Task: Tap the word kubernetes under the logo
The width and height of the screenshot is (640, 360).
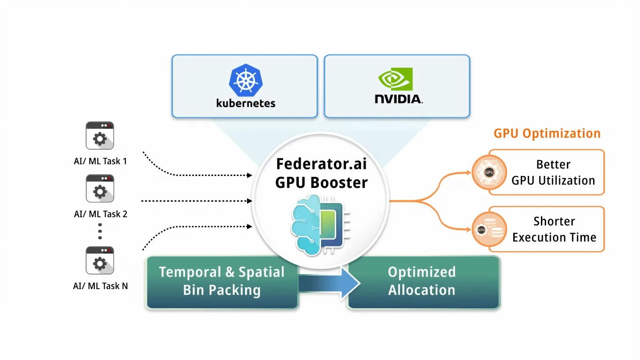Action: coord(246,102)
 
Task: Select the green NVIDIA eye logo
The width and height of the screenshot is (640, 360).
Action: coord(396,79)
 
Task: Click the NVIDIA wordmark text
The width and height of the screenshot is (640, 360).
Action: coord(398,99)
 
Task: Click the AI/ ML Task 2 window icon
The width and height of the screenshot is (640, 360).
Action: coord(100,189)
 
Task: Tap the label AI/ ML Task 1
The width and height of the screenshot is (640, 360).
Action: coord(100,161)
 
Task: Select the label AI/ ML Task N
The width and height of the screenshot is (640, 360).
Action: coord(100,286)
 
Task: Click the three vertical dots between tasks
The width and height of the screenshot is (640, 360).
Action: coord(100,231)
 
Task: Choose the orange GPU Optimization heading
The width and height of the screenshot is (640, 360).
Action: coord(547,133)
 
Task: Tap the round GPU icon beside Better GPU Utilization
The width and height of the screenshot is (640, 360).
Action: coord(489,172)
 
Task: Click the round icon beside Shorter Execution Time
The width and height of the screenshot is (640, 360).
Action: coord(489,230)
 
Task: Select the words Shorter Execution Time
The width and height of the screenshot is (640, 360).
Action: coord(554,229)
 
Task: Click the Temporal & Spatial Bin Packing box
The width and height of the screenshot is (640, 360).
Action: coord(222,281)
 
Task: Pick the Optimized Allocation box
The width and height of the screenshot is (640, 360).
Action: coord(422,281)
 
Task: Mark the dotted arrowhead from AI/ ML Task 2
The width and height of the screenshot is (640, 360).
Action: coord(250,201)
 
